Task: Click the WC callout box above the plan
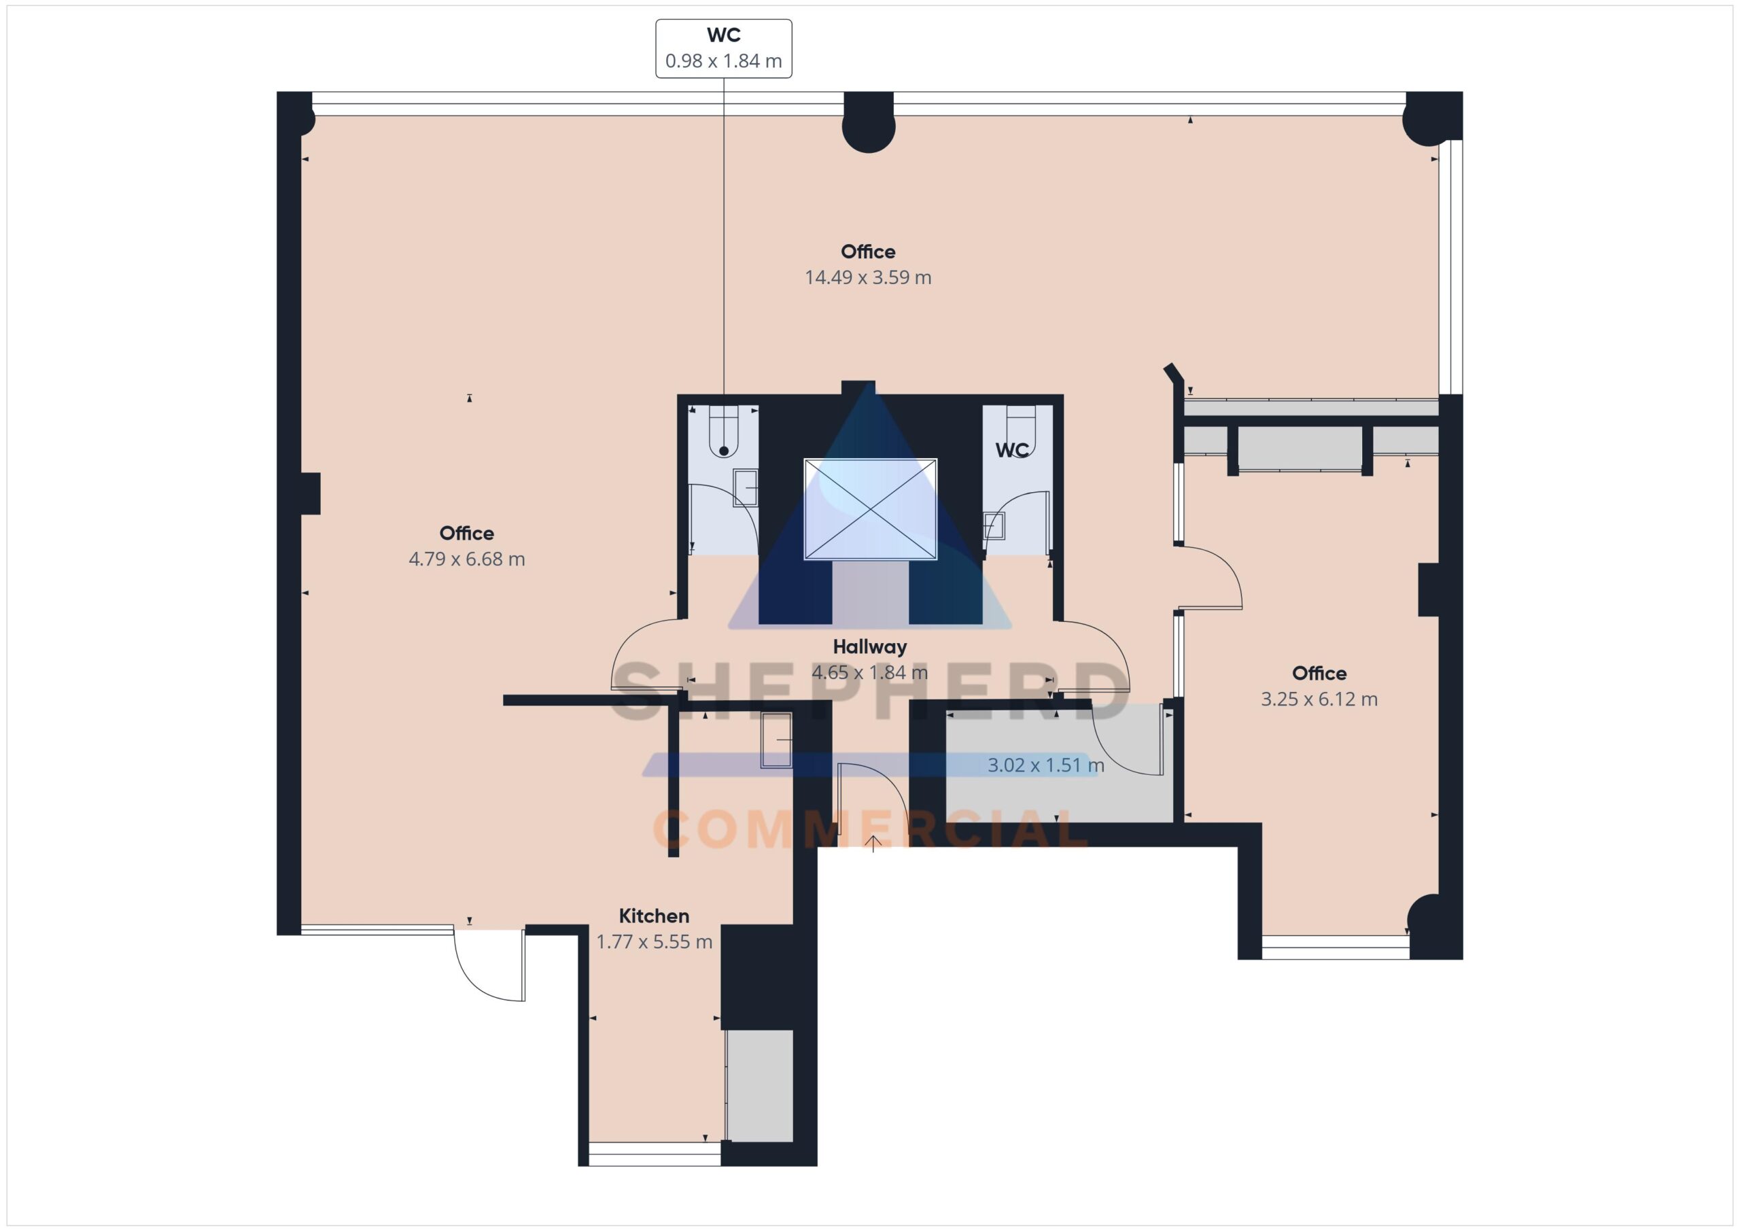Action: click(724, 48)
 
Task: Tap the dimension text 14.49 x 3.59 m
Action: click(868, 277)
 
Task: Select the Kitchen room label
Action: click(654, 916)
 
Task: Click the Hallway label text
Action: click(870, 646)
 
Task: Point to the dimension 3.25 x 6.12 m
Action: click(1319, 699)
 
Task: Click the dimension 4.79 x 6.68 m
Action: click(467, 559)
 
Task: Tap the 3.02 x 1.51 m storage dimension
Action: click(1046, 765)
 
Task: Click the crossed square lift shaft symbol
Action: click(870, 509)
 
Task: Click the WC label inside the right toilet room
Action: click(1012, 450)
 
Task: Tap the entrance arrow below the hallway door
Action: click(873, 844)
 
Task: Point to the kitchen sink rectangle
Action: click(777, 740)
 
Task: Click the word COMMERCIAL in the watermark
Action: click(871, 829)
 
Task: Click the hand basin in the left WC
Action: click(745, 488)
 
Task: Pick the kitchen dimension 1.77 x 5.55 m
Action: click(654, 942)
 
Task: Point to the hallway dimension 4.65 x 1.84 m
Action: click(870, 672)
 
